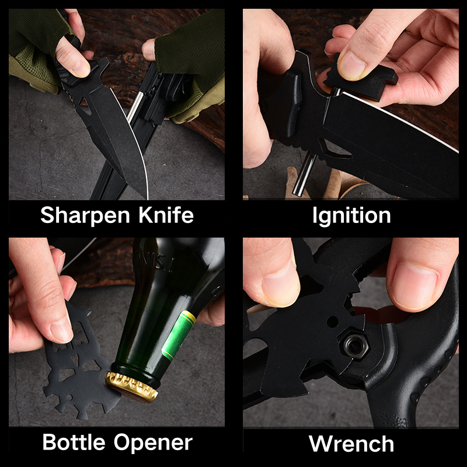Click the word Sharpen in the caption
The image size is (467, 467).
point(85,215)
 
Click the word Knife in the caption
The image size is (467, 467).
point(166,214)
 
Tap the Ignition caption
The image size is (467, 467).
point(351,216)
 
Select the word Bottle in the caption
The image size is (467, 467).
point(74,442)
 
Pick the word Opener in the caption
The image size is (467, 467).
point(153,443)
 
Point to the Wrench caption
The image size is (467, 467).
point(351,444)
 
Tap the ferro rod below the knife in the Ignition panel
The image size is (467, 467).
point(304,174)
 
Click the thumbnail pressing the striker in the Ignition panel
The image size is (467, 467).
point(352,66)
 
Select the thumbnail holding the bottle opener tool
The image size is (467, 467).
point(61,330)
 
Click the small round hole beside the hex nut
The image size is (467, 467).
point(332,322)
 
